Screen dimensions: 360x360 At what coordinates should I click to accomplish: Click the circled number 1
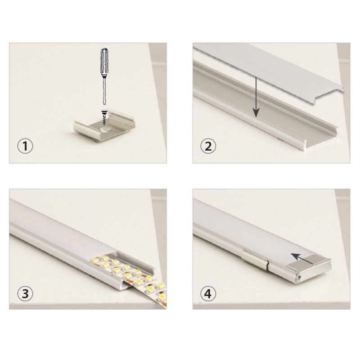pos(25,146)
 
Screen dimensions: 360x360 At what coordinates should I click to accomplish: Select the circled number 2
pos(208,146)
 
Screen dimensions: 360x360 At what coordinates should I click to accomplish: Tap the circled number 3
pos(25,294)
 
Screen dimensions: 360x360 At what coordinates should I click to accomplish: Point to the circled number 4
pos(208,294)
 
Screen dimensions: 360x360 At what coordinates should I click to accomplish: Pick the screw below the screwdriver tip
pos(104,117)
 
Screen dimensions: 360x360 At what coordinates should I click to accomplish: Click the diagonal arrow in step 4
pos(302,258)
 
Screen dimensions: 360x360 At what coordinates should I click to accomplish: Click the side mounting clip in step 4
pos(255,260)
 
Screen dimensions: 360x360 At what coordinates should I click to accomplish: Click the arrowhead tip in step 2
pos(256,117)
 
